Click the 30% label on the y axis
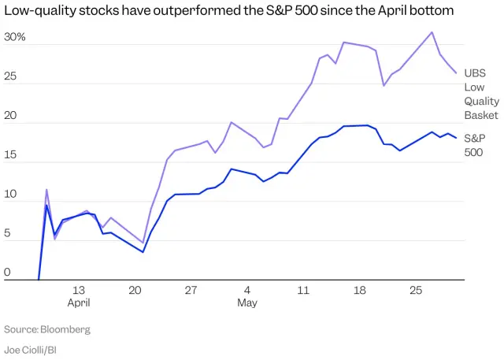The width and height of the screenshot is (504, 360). click(x=15, y=37)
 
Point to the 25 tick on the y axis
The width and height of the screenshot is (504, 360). click(x=11, y=76)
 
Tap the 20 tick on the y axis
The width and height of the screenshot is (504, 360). click(x=11, y=116)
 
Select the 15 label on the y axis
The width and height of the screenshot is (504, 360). click(x=11, y=155)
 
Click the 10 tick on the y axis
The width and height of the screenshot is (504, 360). click(x=11, y=195)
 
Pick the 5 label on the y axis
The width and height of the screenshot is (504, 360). click(x=8, y=234)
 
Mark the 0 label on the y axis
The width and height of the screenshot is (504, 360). click(x=8, y=273)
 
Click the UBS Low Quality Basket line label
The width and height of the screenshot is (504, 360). click(x=480, y=94)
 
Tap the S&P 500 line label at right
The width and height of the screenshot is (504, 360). click(x=474, y=145)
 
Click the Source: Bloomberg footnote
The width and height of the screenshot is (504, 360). click(x=47, y=329)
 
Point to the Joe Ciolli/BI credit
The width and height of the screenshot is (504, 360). click(x=35, y=350)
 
